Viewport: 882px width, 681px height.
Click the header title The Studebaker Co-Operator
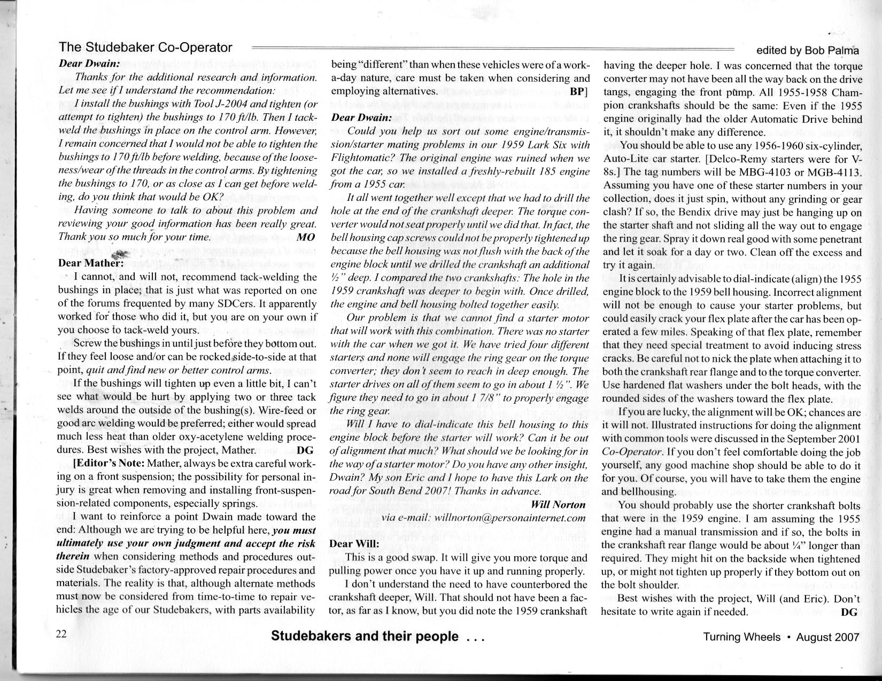point(145,48)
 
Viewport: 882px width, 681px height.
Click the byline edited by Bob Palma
point(808,51)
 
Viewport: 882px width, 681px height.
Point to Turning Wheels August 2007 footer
point(781,637)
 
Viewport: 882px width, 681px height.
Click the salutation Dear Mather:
point(91,263)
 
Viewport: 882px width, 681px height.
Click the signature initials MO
point(306,236)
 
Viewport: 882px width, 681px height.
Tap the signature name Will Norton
point(559,504)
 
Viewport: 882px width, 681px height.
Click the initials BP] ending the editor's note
point(579,91)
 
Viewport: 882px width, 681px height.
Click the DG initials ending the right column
point(849,612)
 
